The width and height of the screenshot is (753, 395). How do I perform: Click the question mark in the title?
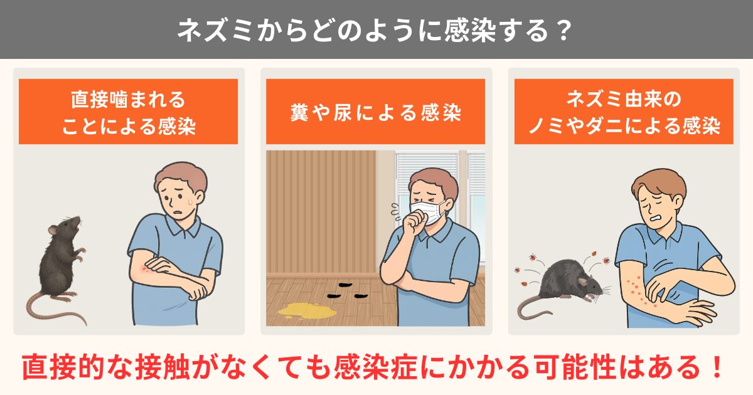point(562,31)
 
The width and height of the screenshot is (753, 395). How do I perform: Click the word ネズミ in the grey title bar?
point(215,31)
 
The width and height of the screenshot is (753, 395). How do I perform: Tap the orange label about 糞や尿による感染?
point(375,112)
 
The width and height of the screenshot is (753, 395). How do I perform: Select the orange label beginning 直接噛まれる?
point(128,112)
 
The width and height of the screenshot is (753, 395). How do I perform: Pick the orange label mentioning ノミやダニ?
point(624,112)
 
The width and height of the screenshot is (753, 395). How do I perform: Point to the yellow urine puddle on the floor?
point(307,310)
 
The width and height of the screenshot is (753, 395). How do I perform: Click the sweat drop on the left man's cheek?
point(190,201)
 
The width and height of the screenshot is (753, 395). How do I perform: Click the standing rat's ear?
point(52,230)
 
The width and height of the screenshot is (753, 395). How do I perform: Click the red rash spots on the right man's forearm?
point(637,288)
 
